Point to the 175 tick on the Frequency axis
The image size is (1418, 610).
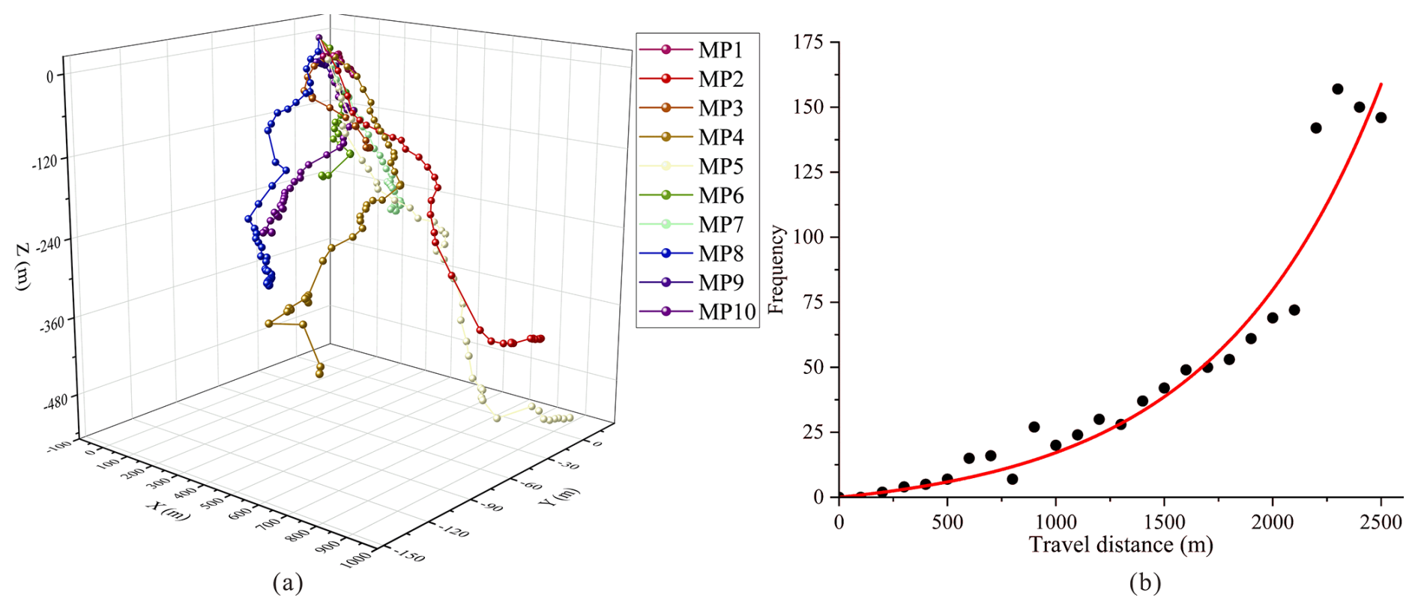point(808,42)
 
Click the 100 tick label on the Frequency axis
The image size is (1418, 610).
point(808,237)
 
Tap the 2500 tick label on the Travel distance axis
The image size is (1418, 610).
point(1381,522)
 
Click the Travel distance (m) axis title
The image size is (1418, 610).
point(1120,544)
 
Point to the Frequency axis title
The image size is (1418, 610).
point(776,270)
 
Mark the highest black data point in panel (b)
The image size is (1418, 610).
point(1338,89)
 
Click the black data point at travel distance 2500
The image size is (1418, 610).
point(1381,118)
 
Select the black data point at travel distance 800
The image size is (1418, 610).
point(1013,479)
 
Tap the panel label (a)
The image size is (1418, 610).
point(288,582)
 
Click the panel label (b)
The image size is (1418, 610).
point(1145,582)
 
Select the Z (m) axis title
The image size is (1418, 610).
point(24,266)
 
